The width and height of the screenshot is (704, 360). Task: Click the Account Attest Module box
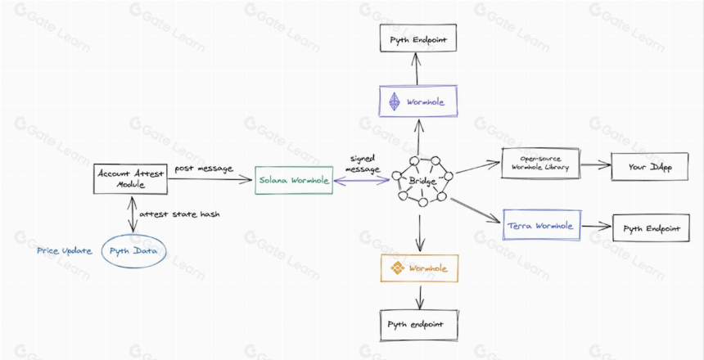[x=130, y=179]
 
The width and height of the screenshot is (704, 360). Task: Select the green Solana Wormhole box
[x=294, y=181]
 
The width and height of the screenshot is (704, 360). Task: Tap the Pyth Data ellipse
[x=133, y=251]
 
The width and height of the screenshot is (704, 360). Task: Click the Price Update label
[x=65, y=251]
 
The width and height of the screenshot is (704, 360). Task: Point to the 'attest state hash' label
[x=179, y=214]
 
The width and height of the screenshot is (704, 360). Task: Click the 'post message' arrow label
[x=204, y=169]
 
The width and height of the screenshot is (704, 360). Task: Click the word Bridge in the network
[x=422, y=181]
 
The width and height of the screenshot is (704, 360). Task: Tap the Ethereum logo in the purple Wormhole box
[x=395, y=101]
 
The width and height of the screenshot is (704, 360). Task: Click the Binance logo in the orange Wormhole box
[x=397, y=268]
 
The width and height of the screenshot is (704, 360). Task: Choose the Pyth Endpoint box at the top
[x=418, y=38]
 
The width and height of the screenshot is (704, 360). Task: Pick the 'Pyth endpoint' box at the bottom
[x=419, y=325]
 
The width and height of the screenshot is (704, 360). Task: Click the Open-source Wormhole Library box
[x=540, y=164]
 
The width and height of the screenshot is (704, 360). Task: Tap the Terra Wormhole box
[x=542, y=225]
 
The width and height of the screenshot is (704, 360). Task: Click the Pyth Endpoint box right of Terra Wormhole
[x=651, y=228]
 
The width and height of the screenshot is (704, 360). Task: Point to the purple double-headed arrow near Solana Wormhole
[x=362, y=181]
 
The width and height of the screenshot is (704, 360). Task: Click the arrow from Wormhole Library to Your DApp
[x=595, y=164]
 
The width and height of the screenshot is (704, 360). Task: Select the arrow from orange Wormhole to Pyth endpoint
[x=419, y=296]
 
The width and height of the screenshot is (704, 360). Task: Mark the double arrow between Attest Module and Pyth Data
[x=132, y=214]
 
